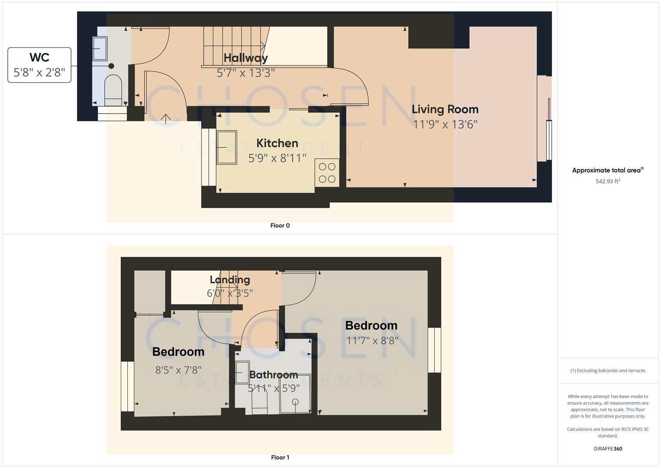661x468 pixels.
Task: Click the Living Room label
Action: (x=445, y=110)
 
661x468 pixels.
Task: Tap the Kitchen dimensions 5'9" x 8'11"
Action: (x=277, y=158)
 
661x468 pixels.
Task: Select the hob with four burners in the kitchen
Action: (x=327, y=173)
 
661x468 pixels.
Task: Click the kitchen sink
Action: (x=227, y=147)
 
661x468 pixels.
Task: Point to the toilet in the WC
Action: (x=113, y=89)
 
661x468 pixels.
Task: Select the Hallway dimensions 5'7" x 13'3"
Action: (x=245, y=73)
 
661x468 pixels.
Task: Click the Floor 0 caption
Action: (x=280, y=225)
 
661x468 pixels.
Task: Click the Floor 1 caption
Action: (x=280, y=457)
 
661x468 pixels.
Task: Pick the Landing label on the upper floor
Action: (x=230, y=280)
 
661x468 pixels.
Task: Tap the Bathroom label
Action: (x=274, y=375)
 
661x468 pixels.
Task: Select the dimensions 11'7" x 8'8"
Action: (x=372, y=341)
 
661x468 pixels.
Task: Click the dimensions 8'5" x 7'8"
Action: (x=178, y=370)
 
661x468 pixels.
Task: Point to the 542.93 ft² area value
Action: (x=608, y=182)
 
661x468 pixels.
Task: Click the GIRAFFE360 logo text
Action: (x=608, y=448)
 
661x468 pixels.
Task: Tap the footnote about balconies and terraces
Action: (x=608, y=370)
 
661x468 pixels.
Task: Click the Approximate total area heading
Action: (x=607, y=170)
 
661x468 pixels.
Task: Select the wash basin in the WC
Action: (x=100, y=49)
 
